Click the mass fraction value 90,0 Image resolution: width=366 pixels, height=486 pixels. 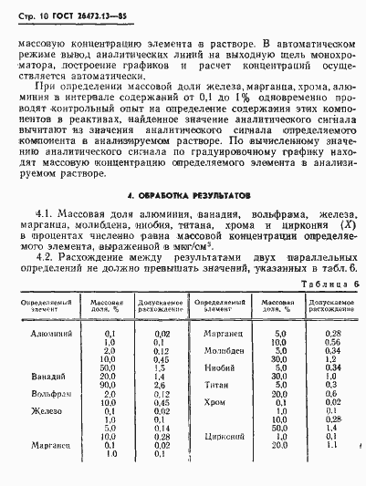coord(107,385)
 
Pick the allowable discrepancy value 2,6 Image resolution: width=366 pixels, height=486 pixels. coord(161,385)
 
